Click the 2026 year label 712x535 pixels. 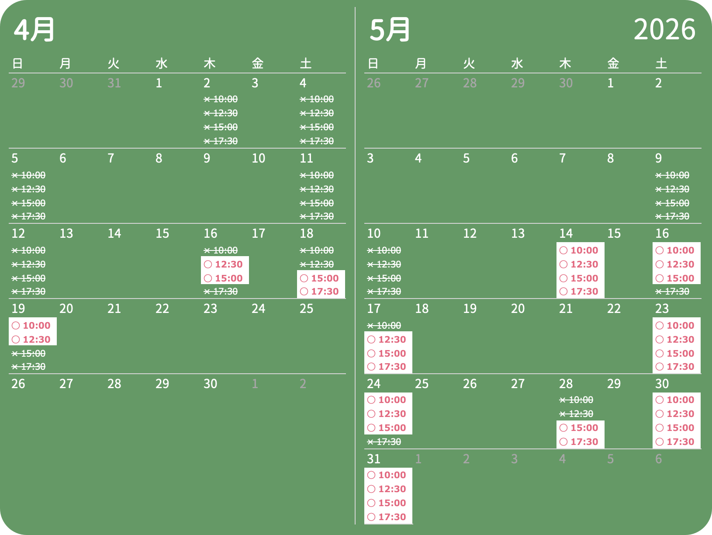pos(664,29)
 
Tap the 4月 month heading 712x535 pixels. pos(34,29)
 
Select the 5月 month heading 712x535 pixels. pos(390,29)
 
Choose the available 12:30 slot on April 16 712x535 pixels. pos(225,264)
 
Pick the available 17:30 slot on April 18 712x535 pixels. pos(321,292)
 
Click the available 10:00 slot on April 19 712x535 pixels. pos(32,326)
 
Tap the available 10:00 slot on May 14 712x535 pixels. pos(580,250)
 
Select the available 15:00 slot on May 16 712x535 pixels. pos(676,278)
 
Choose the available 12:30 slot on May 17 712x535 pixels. pos(388,340)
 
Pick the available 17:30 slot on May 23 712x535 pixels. pos(676,367)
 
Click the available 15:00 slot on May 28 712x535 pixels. pos(580,428)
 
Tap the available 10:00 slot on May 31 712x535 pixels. pos(388,475)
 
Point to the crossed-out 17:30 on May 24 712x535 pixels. pos(384,442)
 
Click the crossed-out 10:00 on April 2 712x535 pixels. pos(221,99)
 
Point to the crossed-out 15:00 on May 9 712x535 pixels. pos(673,203)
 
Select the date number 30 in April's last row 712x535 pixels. pos(210,384)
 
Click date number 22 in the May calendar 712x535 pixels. pos(614,309)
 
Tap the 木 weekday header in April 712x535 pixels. pos(210,63)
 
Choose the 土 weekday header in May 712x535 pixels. pos(661,63)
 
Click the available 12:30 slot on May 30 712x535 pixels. pos(676,414)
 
